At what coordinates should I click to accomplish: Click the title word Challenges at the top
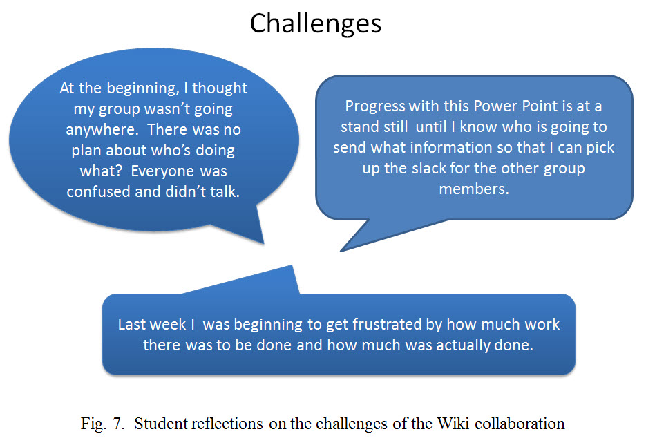click(316, 24)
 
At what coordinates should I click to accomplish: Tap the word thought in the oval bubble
click(220, 88)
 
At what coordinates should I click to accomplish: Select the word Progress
click(375, 106)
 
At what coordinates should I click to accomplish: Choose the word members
click(474, 189)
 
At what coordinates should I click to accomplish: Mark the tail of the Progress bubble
click(341, 251)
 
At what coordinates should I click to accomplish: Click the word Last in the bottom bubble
click(132, 324)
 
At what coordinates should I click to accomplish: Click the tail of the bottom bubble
click(292, 266)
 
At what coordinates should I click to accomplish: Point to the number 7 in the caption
click(118, 424)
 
